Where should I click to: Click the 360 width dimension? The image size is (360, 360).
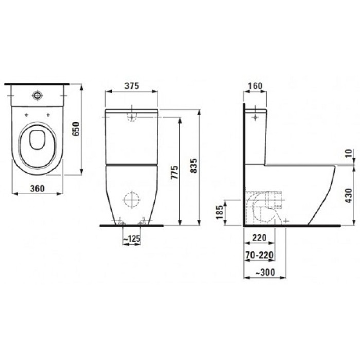(x=36, y=188)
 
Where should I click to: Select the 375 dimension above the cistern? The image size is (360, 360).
(x=132, y=86)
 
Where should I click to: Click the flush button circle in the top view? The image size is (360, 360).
(x=37, y=95)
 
